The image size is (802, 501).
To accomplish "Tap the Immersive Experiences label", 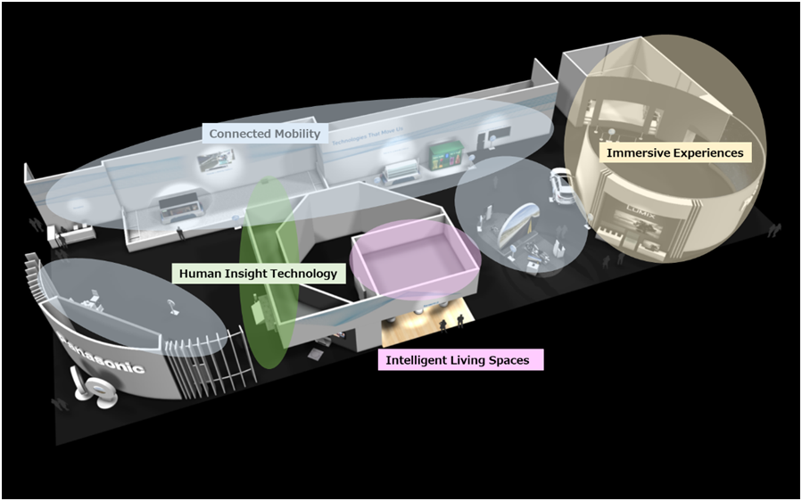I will click(x=674, y=152).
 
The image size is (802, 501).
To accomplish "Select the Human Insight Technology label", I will click(x=258, y=274).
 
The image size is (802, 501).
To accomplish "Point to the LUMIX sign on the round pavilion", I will click(x=639, y=214).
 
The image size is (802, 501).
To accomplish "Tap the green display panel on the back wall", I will click(x=443, y=153).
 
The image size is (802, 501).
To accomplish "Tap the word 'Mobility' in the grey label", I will click(x=294, y=134).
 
